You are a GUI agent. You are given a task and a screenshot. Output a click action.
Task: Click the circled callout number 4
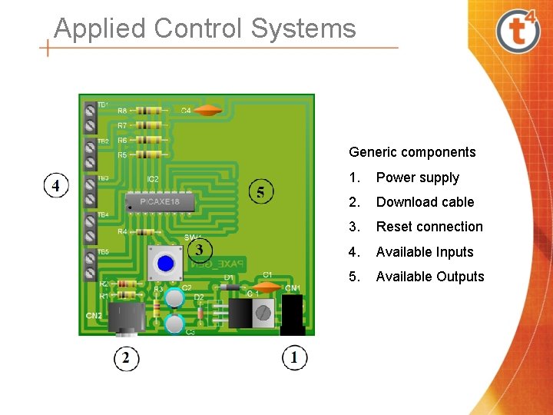pyautogui.click(x=56, y=186)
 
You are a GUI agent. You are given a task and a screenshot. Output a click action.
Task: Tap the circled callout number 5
pyautogui.click(x=261, y=192)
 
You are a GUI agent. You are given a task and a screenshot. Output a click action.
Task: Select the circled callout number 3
pyautogui.click(x=200, y=249)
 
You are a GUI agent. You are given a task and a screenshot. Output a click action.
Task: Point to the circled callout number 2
pyautogui.click(x=127, y=357)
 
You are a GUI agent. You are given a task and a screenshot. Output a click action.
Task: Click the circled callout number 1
pyautogui.click(x=294, y=357)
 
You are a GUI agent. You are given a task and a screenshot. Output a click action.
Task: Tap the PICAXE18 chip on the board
pyautogui.click(x=159, y=201)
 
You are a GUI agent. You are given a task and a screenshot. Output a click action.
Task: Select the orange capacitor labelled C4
pyautogui.click(x=207, y=111)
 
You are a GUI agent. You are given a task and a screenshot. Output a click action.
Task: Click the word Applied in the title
pyautogui.click(x=100, y=28)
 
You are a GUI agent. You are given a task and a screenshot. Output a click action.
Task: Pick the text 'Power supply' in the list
pyautogui.click(x=417, y=178)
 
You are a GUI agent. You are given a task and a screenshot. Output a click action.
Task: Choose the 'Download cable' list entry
pyautogui.click(x=425, y=202)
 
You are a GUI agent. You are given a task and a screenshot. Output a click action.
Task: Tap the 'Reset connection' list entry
pyautogui.click(x=429, y=227)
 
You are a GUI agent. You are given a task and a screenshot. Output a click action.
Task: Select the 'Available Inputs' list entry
pyautogui.click(x=424, y=252)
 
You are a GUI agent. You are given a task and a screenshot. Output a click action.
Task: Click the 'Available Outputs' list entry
pyautogui.click(x=429, y=277)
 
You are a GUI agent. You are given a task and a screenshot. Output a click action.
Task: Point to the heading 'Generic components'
pyautogui.click(x=412, y=152)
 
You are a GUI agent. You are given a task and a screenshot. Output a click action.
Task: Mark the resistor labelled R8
pyautogui.click(x=151, y=111)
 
